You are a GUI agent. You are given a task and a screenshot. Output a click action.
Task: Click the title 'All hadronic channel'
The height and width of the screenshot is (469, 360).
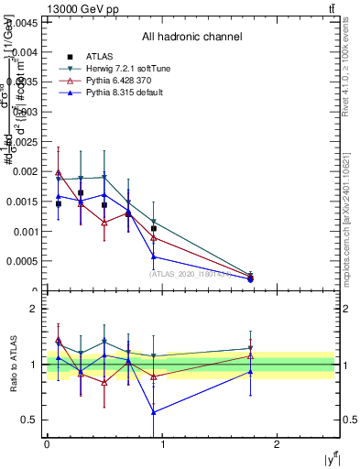tap(191, 38)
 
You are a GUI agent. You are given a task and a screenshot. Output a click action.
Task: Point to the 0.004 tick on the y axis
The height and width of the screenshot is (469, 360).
tap(26, 52)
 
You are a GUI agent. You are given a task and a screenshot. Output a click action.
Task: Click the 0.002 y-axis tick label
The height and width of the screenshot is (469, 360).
tap(26, 171)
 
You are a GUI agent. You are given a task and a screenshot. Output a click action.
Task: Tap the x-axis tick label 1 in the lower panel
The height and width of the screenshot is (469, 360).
tap(162, 444)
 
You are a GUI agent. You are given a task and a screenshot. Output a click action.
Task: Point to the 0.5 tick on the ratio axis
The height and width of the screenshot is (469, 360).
tap(31, 420)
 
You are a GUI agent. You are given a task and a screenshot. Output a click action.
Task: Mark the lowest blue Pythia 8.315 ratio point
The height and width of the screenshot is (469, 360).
tap(154, 412)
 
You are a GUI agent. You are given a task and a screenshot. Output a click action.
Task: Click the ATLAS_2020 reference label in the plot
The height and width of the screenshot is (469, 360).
tap(190, 273)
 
